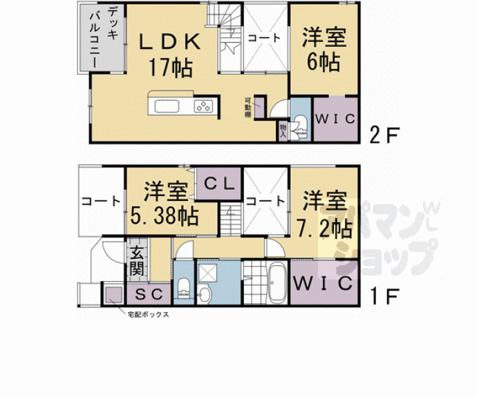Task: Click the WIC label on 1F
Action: click(321, 284)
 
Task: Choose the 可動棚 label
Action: click(247, 109)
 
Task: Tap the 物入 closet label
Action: click(282, 129)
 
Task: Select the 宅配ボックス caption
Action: click(148, 315)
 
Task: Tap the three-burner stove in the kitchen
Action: click(203, 106)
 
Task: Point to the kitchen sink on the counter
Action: click(167, 106)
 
